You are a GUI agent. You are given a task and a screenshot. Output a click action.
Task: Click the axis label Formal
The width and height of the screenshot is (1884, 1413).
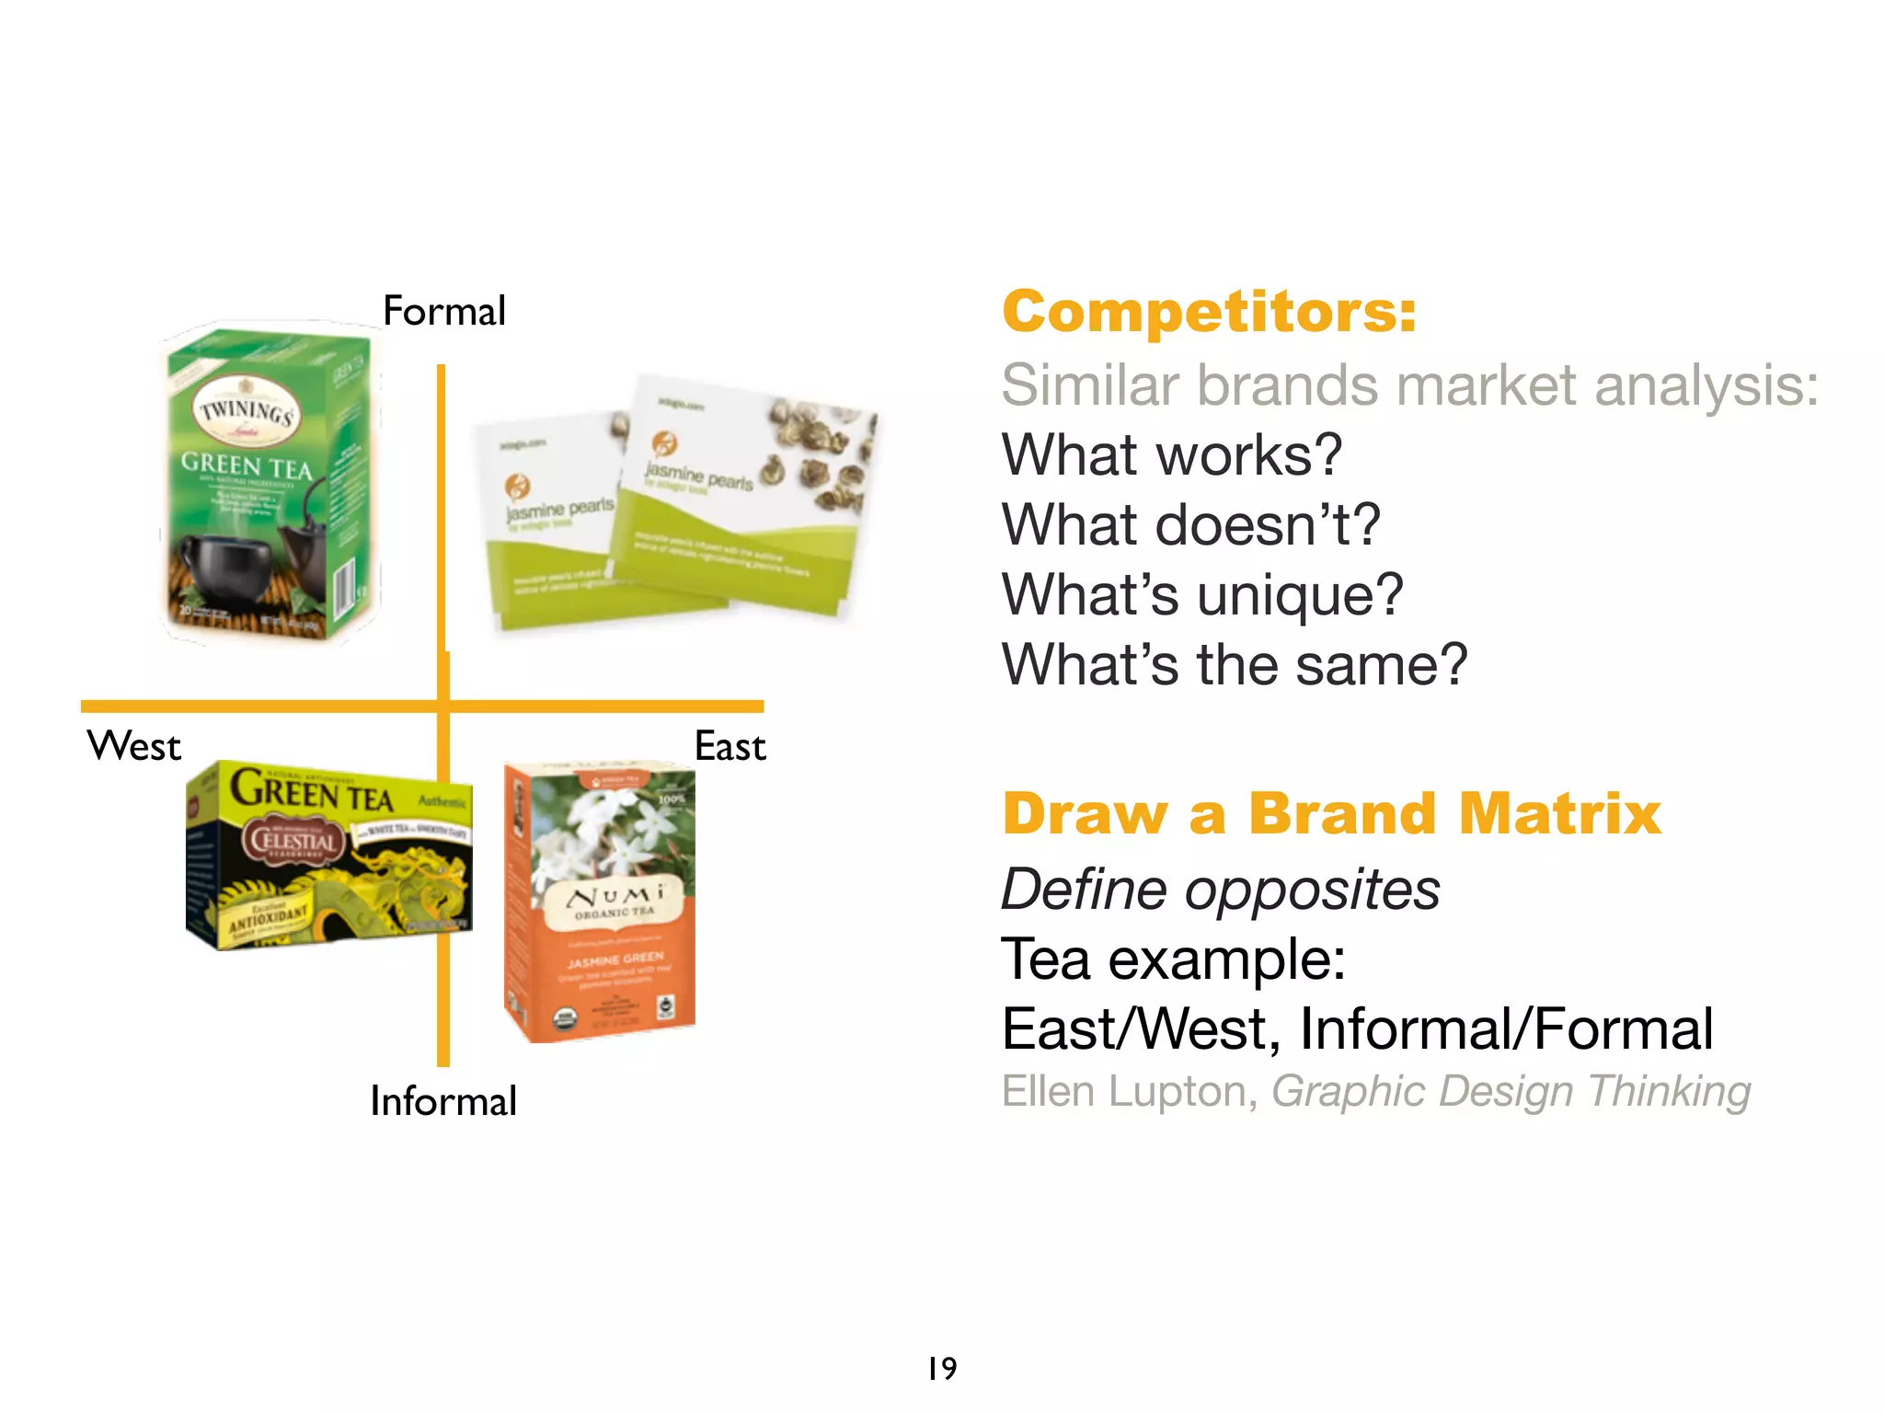coord(444,311)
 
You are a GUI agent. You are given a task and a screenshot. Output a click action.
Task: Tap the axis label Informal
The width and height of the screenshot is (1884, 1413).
coord(443,1101)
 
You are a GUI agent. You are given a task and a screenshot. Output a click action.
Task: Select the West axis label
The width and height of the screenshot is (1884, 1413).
coord(134,746)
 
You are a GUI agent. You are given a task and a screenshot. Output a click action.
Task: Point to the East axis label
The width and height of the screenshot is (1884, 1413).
coord(730,746)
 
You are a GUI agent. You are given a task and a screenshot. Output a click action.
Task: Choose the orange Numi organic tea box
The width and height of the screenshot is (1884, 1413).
coord(600,902)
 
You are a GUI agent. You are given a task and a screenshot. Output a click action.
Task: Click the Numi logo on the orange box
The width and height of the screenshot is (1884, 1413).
coord(615,897)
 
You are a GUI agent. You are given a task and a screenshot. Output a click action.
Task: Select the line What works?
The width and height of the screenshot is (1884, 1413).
coord(1171,454)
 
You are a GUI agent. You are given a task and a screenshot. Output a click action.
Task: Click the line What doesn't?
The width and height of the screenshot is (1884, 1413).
coord(1190,524)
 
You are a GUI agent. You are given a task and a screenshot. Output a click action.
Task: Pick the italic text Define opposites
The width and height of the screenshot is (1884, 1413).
coord(1220,890)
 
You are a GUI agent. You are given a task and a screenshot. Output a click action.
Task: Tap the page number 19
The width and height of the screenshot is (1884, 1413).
coord(942,1369)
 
